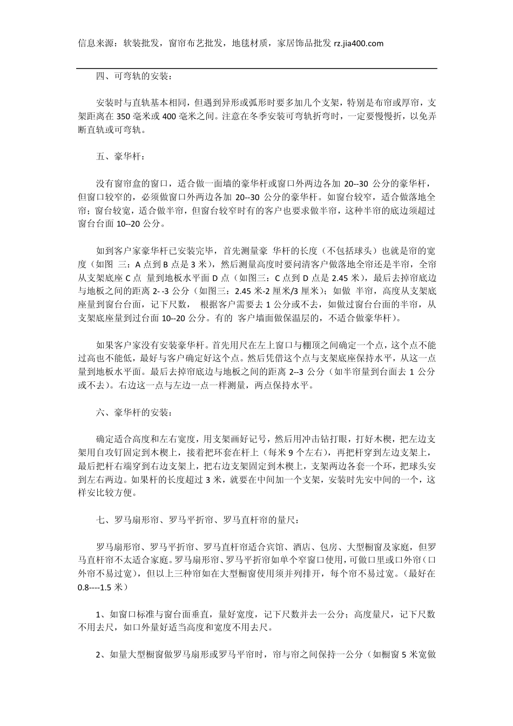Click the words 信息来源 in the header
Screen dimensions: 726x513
pyautogui.click(x=96, y=44)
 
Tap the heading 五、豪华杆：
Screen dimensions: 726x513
pyautogui.click(x=120, y=157)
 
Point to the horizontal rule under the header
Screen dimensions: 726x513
pyautogui.click(x=256, y=69)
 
